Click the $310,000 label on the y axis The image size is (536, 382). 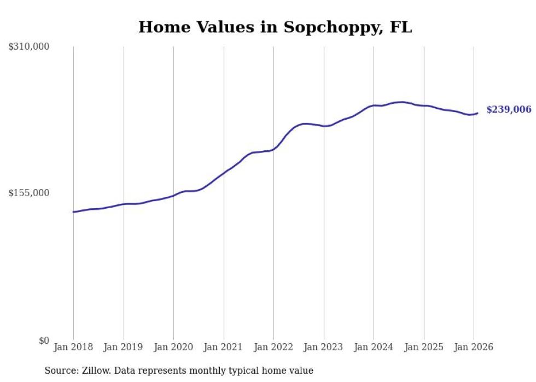[x=29, y=47]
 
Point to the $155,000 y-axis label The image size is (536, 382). [x=29, y=193]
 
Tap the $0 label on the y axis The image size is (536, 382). [x=44, y=340]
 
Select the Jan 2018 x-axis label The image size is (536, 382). [x=73, y=347]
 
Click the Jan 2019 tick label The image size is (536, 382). [x=124, y=347]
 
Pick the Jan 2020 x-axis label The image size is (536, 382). [x=173, y=347]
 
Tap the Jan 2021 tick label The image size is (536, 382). [x=224, y=347]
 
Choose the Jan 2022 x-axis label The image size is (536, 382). [x=273, y=347]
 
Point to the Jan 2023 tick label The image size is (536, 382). [x=324, y=347]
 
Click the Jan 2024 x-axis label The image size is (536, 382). [x=374, y=347]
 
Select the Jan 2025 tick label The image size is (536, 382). [x=424, y=347]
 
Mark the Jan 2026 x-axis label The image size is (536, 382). [x=474, y=347]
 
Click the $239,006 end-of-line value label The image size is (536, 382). [x=509, y=110]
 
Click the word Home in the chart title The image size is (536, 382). [x=162, y=27]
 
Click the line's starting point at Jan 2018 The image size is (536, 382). [x=73, y=211]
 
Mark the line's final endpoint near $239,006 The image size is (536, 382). [x=477, y=113]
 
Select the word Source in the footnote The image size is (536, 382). [x=60, y=371]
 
